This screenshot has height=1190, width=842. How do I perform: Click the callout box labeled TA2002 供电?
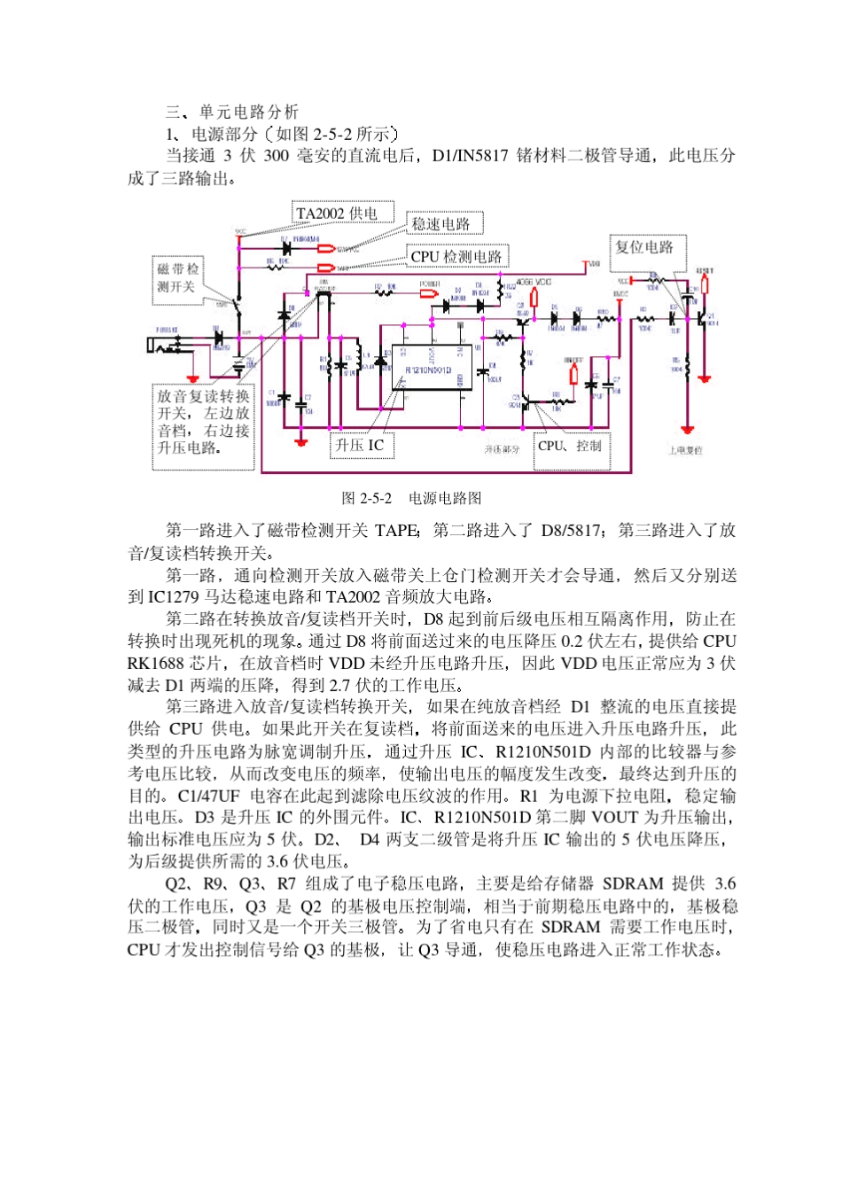coord(337,214)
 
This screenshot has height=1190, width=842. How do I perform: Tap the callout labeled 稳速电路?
coord(440,224)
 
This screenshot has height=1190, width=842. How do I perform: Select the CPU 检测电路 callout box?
coord(456,256)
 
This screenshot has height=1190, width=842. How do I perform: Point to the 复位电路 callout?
coord(644,247)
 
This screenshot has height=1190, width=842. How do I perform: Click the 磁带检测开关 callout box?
coord(178,278)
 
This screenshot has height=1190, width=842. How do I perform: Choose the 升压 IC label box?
coord(360,445)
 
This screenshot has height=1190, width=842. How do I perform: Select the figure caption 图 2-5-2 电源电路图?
coord(411,498)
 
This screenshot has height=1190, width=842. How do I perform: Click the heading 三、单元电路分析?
coord(232,112)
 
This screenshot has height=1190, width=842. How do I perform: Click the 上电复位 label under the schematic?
coord(685,450)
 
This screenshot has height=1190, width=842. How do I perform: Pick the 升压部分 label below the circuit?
coord(502,449)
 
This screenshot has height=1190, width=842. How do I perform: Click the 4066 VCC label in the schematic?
coord(534,282)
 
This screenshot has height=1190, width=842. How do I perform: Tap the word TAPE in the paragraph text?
coord(395,531)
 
